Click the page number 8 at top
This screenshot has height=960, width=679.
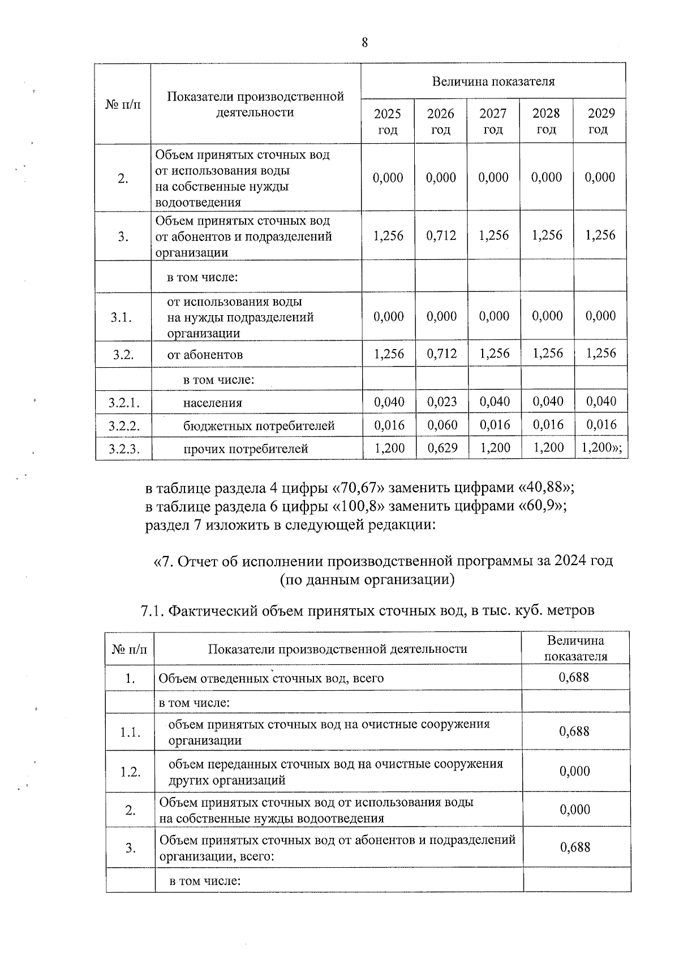[x=364, y=42]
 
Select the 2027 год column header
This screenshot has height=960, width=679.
[x=493, y=121]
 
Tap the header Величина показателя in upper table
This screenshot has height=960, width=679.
[x=493, y=81]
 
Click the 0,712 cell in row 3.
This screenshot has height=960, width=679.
[x=441, y=235]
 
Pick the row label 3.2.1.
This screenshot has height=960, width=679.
[x=123, y=403]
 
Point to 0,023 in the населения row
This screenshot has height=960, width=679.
[x=441, y=402]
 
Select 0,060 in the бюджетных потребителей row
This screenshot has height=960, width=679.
[x=441, y=425]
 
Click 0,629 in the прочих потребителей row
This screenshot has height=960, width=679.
[x=441, y=448]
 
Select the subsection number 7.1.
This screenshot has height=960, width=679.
[x=152, y=611]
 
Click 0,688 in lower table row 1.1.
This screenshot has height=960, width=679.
[x=574, y=731]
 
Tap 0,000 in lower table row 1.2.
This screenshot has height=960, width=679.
[x=574, y=771]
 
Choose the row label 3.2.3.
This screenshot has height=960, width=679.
[x=123, y=449]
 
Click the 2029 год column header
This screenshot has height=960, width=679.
[x=600, y=121]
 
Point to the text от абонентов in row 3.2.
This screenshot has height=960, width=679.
[x=205, y=355]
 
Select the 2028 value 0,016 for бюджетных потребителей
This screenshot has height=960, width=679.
[x=547, y=425]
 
